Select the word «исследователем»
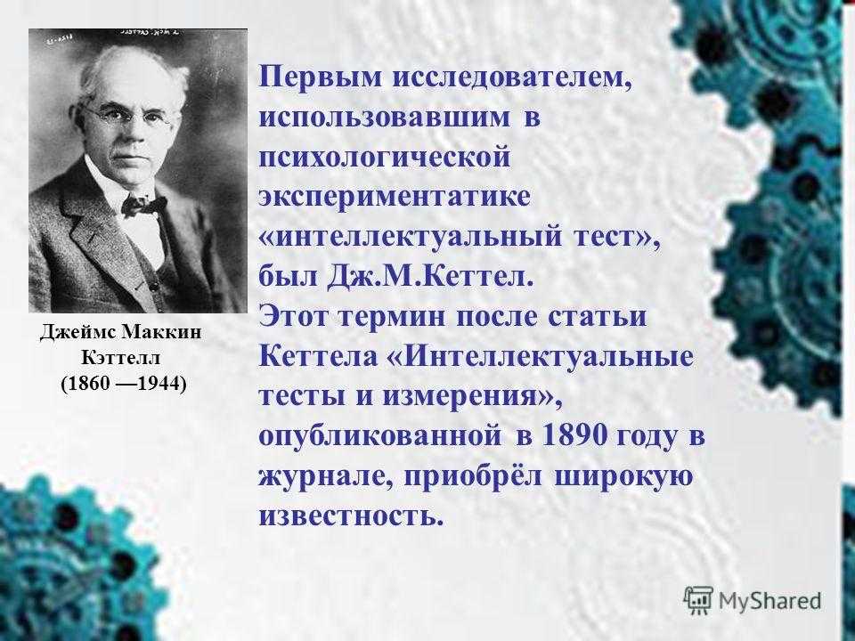pyautogui.click(x=511, y=77)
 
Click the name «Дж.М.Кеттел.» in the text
pyautogui.click(x=429, y=278)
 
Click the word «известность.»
pyautogui.click(x=351, y=515)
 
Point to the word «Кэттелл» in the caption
pyautogui.click(x=121, y=358)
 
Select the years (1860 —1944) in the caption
pyautogui.click(x=123, y=384)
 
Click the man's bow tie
pyautogui.click(x=143, y=205)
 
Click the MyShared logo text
pyautogui.click(x=769, y=600)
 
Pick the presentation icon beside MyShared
pyautogui.click(x=698, y=601)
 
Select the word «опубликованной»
pyautogui.click(x=380, y=436)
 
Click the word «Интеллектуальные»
pyautogui.click(x=549, y=357)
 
